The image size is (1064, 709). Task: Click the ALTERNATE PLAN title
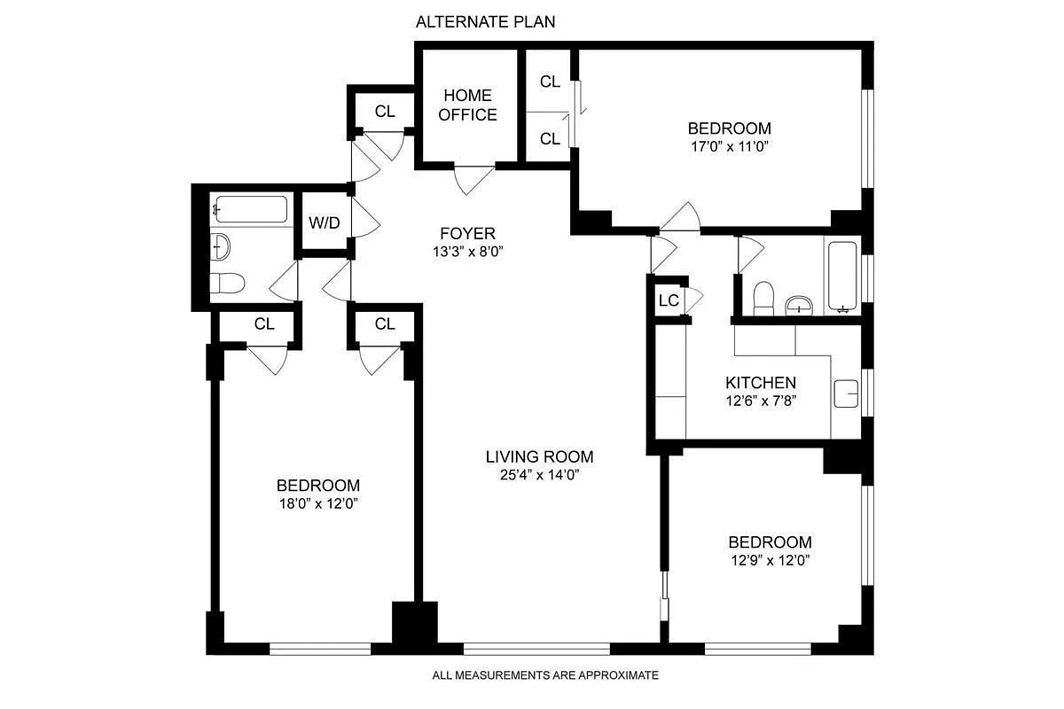pyautogui.click(x=485, y=22)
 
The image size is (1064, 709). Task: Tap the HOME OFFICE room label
pyautogui.click(x=468, y=105)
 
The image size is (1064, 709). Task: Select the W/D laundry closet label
pyautogui.click(x=324, y=222)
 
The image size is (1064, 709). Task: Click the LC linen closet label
pyautogui.click(x=668, y=300)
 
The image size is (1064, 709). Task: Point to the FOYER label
pyautogui.click(x=467, y=234)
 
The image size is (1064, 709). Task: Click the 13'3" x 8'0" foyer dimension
pyautogui.click(x=467, y=251)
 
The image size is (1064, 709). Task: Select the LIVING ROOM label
pyautogui.click(x=539, y=457)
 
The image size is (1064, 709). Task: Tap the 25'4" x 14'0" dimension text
pyautogui.click(x=539, y=475)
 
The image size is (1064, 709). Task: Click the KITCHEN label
pyautogui.click(x=761, y=383)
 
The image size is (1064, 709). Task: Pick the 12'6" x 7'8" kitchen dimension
pyautogui.click(x=761, y=401)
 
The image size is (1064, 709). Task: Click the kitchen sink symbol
pyautogui.click(x=846, y=392)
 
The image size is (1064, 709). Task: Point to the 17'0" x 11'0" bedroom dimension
pyautogui.click(x=729, y=146)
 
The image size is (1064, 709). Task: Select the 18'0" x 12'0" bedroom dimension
pyautogui.click(x=317, y=503)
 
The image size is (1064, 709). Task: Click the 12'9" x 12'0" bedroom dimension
pyautogui.click(x=770, y=560)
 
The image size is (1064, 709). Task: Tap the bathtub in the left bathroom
pyautogui.click(x=250, y=210)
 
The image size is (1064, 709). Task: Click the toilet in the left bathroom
pyautogui.click(x=227, y=283)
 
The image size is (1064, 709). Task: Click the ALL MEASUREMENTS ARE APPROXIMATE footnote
pyautogui.click(x=545, y=675)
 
